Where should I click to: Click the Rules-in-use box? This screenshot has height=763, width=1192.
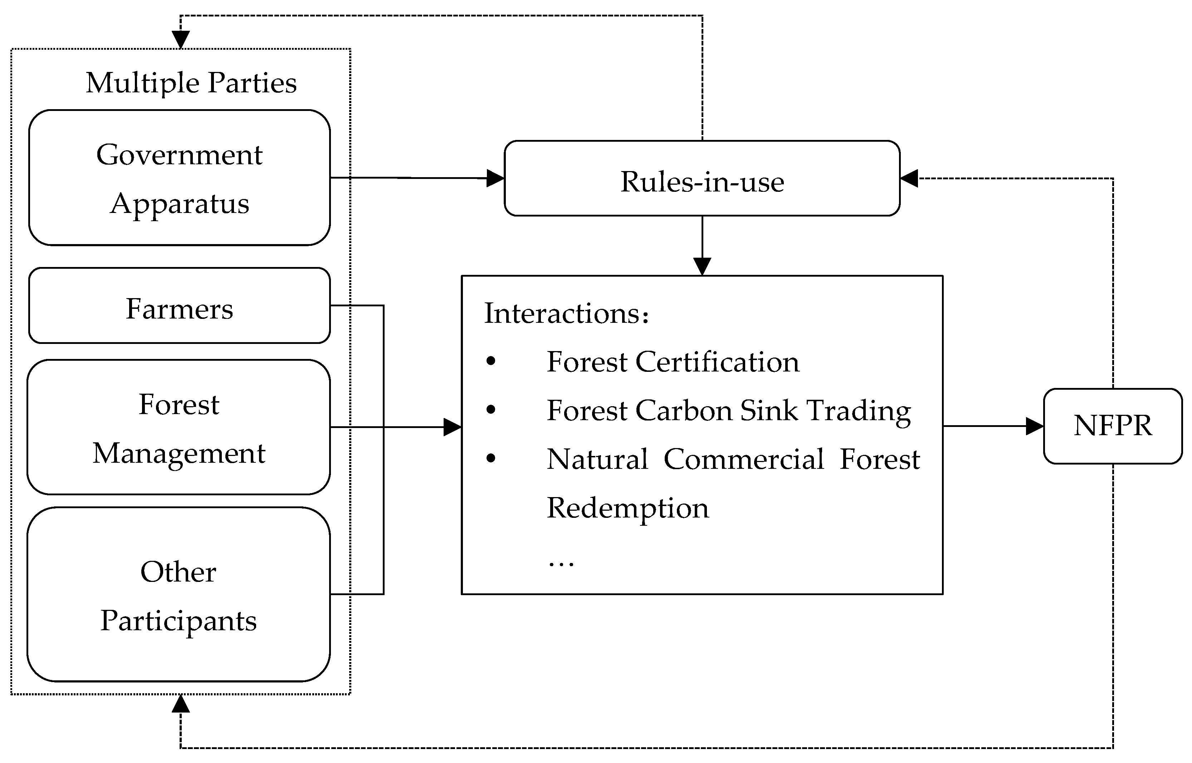[x=702, y=178]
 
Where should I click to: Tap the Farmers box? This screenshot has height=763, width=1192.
[x=179, y=306]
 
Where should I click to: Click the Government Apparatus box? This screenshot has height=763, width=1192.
[x=179, y=178]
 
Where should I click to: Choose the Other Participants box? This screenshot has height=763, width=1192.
[x=179, y=594]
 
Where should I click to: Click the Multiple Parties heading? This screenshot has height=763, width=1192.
[x=191, y=82]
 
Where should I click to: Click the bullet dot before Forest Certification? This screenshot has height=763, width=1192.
[x=491, y=361]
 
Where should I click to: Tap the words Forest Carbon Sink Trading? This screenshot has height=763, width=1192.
[x=728, y=411]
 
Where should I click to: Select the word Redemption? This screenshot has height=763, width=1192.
[x=627, y=508]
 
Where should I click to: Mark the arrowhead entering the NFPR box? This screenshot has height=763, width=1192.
[x=1035, y=426]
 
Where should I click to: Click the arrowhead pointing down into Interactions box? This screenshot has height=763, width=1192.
[x=702, y=266]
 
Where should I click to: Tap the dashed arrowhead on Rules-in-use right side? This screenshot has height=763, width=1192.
[x=909, y=178]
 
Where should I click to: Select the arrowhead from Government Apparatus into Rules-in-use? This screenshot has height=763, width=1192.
[x=495, y=178]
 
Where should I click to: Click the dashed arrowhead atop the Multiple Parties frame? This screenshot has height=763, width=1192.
[x=181, y=40]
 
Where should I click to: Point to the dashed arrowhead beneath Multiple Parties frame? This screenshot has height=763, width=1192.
[x=181, y=704]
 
